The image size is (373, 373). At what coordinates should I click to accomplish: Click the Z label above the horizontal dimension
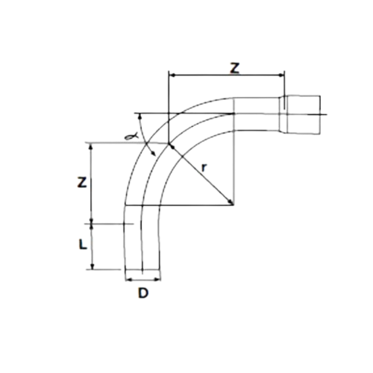pos(235,68)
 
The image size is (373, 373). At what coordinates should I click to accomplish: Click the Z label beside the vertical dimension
pos(82,182)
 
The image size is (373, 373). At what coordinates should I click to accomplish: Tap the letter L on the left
pos(83,244)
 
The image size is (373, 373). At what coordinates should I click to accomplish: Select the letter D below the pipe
pos(143,292)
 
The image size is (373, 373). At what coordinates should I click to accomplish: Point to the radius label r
pos(204,168)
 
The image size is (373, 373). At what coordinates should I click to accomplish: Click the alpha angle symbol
pos(131,136)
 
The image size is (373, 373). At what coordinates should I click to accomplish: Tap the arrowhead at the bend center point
pos(231,202)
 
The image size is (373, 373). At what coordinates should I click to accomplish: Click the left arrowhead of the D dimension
pos(128,280)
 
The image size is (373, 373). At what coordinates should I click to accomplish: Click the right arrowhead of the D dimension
pos(157,280)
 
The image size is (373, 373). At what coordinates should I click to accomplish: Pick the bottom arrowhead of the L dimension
pos(93,266)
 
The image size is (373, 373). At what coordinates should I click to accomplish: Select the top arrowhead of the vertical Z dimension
pos(91,146)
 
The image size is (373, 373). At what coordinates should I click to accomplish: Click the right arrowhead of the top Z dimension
pos(281,75)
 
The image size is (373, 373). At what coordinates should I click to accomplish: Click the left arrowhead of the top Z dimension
pos(172,75)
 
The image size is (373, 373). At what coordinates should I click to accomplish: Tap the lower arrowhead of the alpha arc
pos(154,154)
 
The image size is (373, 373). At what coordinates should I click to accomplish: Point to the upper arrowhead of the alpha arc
pos(140,116)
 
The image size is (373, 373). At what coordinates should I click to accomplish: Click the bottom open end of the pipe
pos(142,269)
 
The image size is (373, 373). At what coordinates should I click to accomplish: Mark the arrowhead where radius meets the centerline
pos(172,147)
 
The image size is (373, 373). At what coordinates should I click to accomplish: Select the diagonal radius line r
pos(201,174)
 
